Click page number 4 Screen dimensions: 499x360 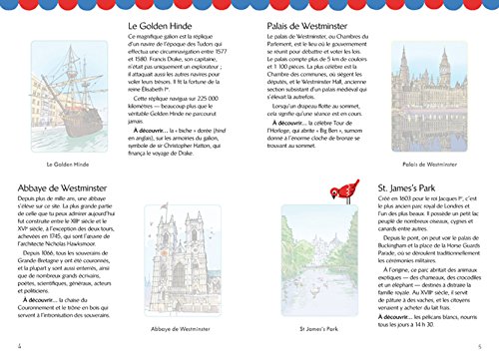pyautogui.click(x=8, y=346)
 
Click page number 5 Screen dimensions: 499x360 pyautogui.click(x=490, y=346)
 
